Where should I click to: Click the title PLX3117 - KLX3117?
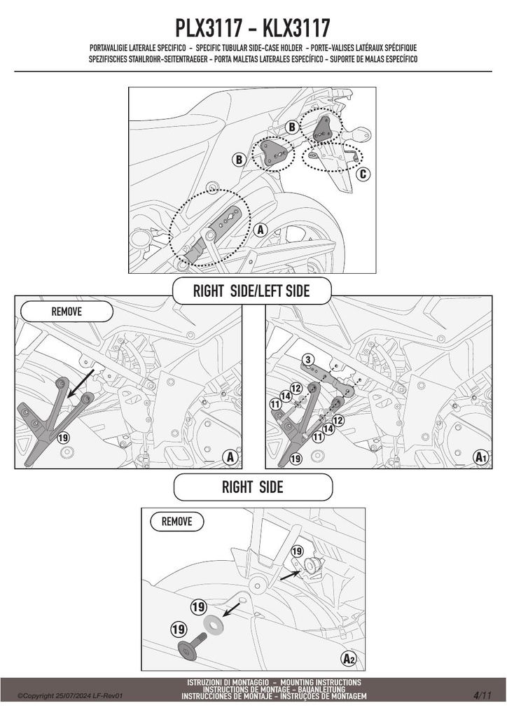coord(253,28)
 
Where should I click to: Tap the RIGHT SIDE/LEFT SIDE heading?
coord(251,291)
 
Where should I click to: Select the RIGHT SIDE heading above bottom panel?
coord(252,487)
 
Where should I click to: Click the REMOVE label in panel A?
coord(67,312)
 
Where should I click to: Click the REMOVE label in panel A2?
coord(177,521)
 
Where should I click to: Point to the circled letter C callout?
coord(363,174)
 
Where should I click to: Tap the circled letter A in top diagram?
coord(261,230)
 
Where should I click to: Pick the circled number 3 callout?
coord(308,359)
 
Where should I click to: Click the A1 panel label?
coord(480,457)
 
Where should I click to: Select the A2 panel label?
coord(349,658)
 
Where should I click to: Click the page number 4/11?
coord(482,696)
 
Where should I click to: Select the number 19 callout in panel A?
coord(63,438)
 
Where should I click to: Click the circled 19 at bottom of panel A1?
coord(296,458)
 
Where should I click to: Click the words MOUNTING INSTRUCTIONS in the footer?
coord(321,682)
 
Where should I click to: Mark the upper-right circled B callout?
coord(292,127)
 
